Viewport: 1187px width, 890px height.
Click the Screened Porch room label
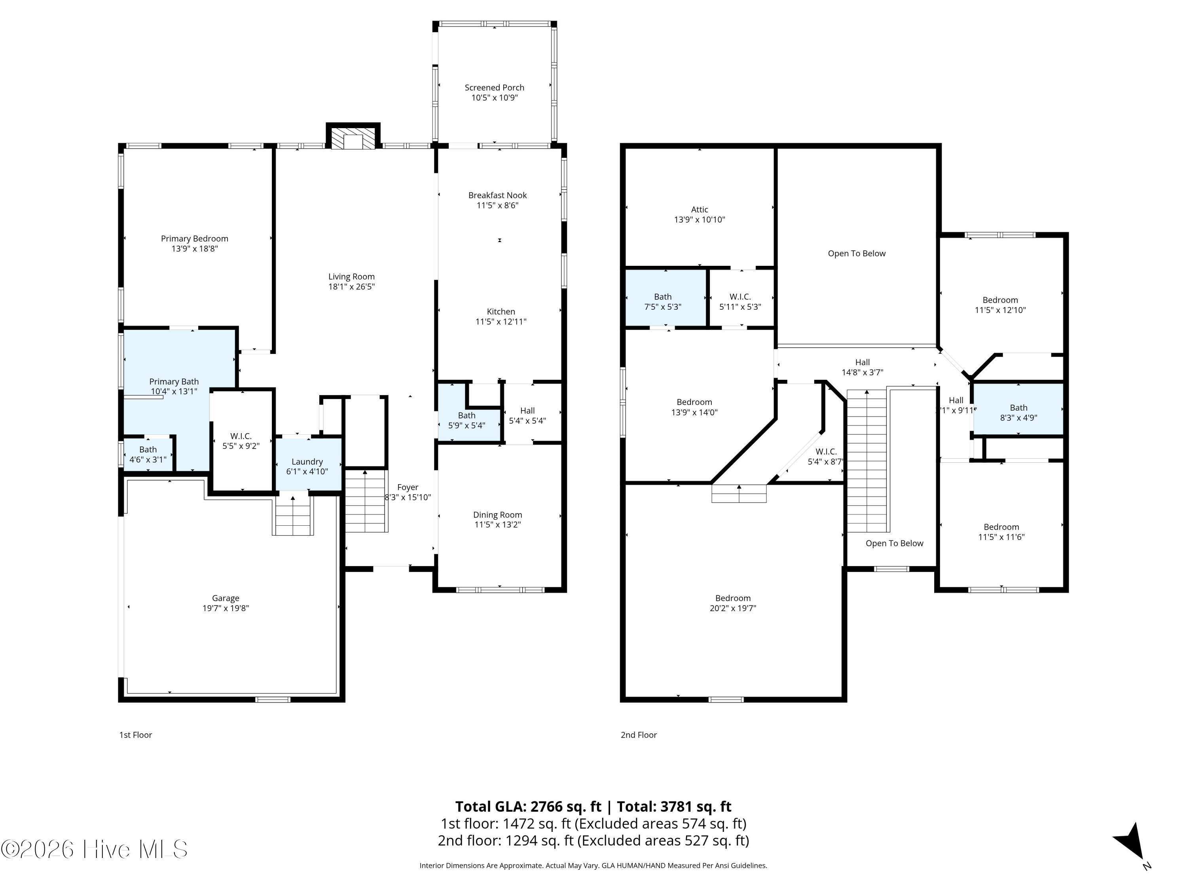point(494,87)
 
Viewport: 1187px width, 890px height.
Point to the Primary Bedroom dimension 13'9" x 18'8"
point(194,248)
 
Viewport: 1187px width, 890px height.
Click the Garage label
point(226,598)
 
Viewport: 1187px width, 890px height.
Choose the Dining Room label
point(497,515)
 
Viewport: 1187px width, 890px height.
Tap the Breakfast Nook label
point(497,195)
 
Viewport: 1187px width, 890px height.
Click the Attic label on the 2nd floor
point(699,209)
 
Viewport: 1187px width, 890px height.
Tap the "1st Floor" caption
point(136,735)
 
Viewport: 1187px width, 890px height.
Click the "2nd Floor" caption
point(639,735)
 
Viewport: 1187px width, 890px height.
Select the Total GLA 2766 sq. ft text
point(528,806)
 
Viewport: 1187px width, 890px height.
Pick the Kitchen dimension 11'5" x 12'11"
point(501,321)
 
